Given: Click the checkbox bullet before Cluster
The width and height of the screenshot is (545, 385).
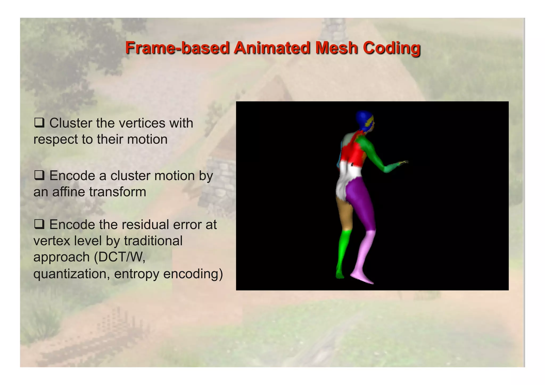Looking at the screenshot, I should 39,123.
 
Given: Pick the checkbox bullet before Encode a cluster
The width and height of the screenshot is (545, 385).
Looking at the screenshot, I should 39,176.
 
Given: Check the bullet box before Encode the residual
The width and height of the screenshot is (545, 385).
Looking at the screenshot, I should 39,224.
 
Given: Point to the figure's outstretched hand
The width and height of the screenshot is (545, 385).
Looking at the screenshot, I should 403,163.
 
